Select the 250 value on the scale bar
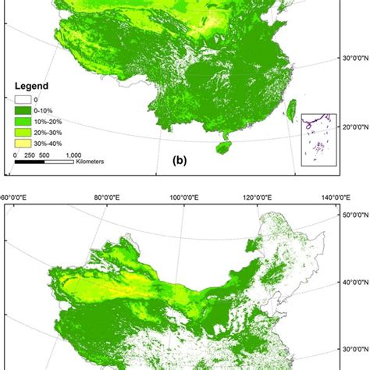coord(31,155)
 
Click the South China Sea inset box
coord(320,144)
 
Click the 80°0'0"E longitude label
coord(109,198)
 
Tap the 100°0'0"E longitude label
coord(187,198)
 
